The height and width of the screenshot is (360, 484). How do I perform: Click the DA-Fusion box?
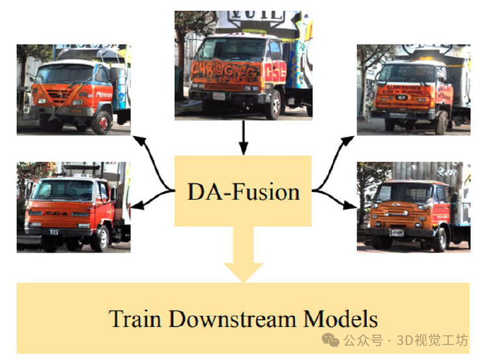click(x=243, y=191)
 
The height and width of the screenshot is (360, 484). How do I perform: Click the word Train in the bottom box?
click(x=136, y=320)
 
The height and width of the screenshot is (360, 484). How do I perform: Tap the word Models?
click(x=340, y=320)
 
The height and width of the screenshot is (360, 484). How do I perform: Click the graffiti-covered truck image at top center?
click(x=243, y=65)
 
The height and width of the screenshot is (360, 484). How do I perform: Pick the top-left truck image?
click(x=73, y=89)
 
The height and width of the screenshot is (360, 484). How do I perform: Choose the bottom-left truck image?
click(x=73, y=207)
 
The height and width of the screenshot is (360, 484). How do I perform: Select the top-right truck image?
click(x=413, y=89)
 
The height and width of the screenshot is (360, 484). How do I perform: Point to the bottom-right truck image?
click(x=413, y=207)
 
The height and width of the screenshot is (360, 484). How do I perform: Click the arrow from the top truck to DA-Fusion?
click(x=243, y=138)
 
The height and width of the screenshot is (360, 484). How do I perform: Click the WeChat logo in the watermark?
click(x=332, y=340)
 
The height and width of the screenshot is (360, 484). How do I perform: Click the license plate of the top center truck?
click(x=218, y=96)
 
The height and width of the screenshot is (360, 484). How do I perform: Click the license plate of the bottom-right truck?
click(x=396, y=232)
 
